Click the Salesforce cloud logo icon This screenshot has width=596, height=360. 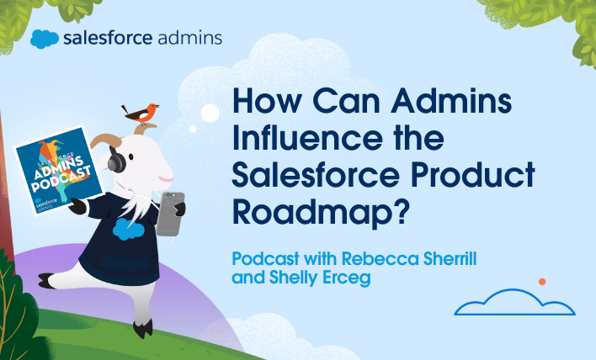44,39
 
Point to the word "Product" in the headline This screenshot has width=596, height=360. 482,174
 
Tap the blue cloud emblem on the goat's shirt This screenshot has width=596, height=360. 126,230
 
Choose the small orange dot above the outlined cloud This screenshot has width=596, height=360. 542,281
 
